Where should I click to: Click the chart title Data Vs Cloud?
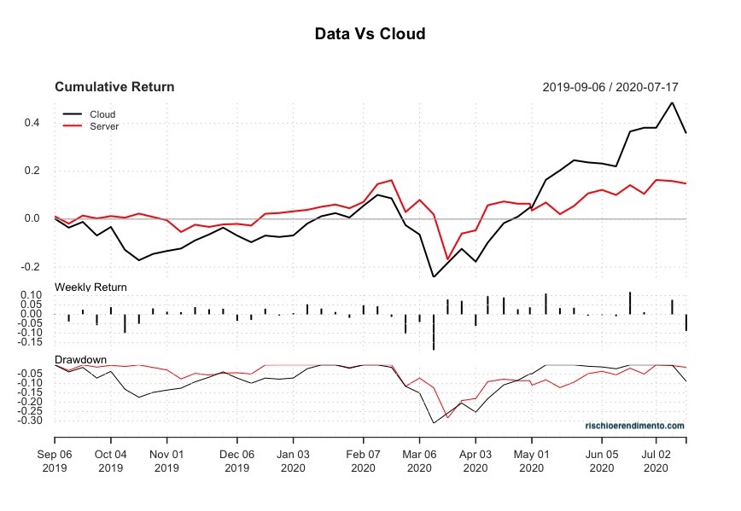[x=370, y=34]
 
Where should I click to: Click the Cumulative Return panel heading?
[x=114, y=87]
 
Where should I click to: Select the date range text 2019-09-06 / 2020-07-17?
[x=610, y=87]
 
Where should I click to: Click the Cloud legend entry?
[x=102, y=114]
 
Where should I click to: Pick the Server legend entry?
[x=104, y=126]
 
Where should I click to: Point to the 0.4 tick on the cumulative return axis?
[x=32, y=123]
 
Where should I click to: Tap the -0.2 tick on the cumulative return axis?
[x=31, y=267]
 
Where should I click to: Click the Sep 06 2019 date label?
[x=55, y=461]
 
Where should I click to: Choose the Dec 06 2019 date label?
[x=237, y=461]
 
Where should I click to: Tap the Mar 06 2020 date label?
[x=419, y=461]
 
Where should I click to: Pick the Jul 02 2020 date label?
[x=656, y=461]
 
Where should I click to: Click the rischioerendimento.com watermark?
[x=634, y=425]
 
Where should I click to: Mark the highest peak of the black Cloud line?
[x=672, y=102]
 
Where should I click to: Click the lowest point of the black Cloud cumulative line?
[x=434, y=276]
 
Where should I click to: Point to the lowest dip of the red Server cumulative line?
[x=447, y=259]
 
